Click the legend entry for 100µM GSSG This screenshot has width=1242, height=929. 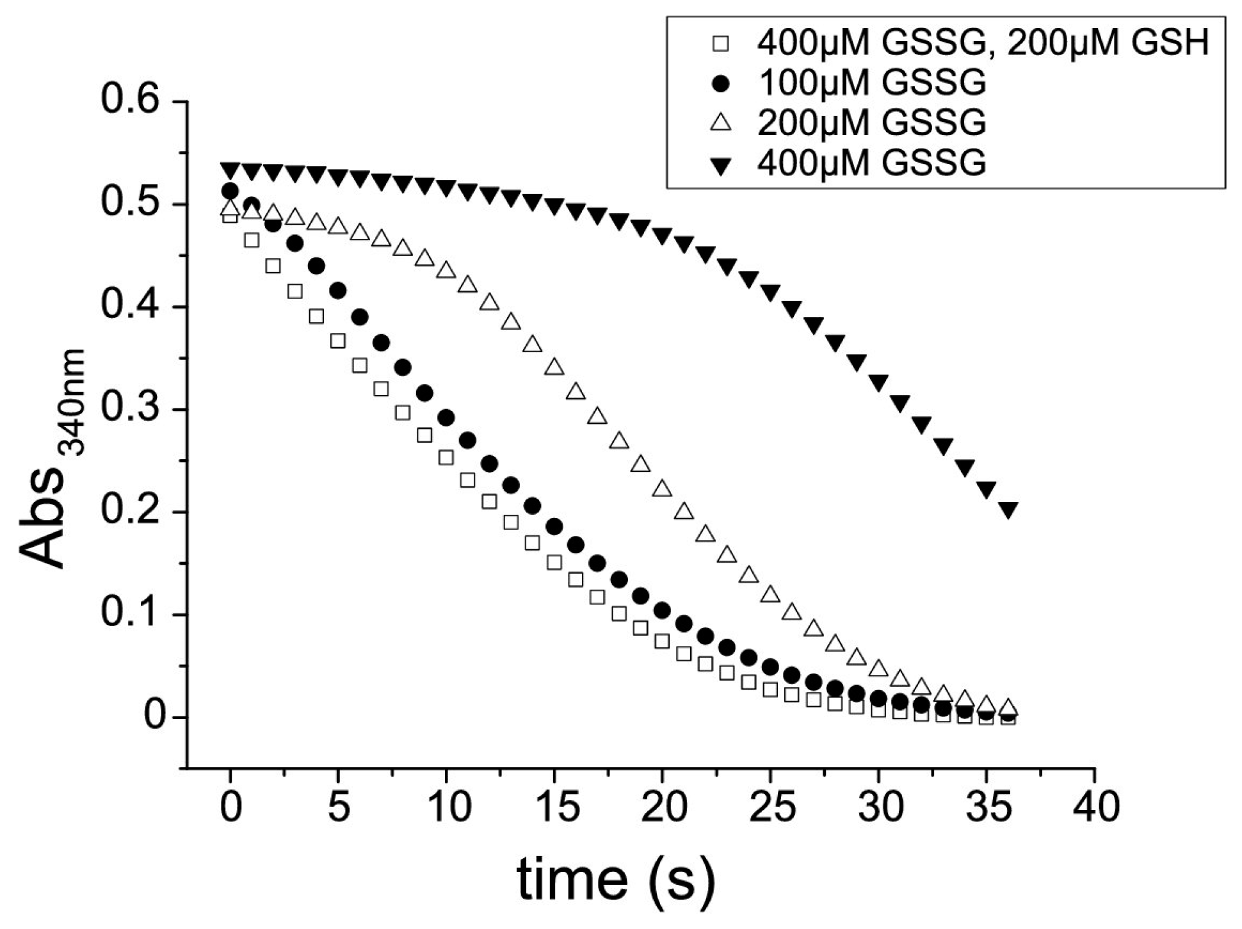click(x=871, y=83)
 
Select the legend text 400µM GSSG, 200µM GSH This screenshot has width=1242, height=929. click(x=983, y=43)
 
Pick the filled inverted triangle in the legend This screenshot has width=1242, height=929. click(x=722, y=163)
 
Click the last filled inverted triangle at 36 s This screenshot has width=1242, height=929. click(x=1008, y=510)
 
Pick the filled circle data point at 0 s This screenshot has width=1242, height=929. click(x=230, y=191)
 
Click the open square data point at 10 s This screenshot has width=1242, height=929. click(x=446, y=458)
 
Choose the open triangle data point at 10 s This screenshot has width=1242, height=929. click(x=446, y=270)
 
